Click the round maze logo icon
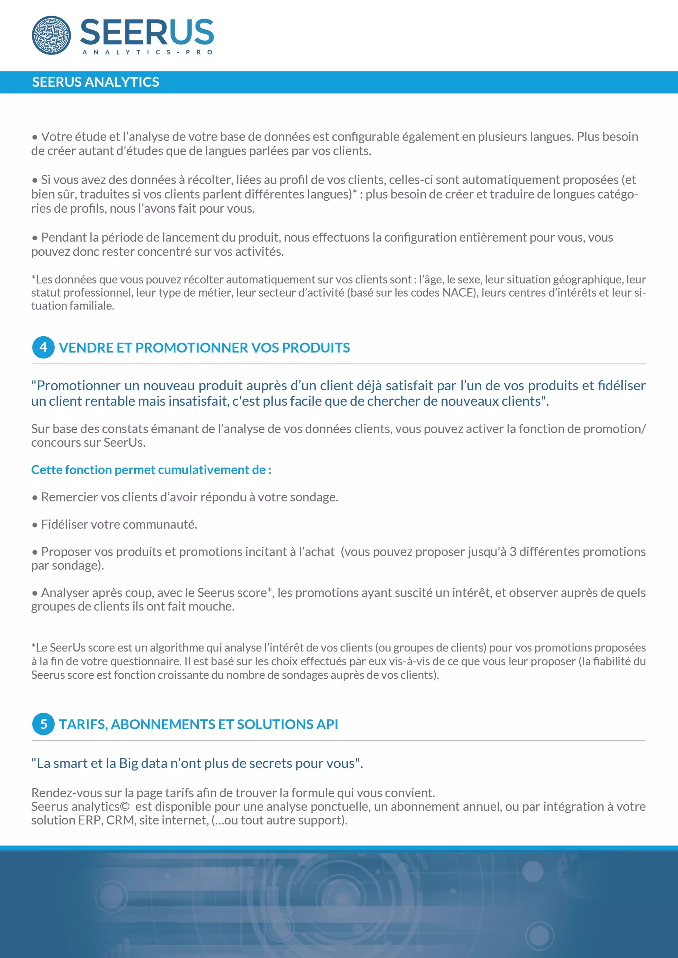pos(51,35)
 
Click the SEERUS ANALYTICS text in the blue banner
pos(96,82)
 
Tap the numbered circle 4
pos(43,347)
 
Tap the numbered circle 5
pos(43,724)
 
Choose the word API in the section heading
pos(327,724)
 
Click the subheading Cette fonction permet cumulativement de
pos(151,470)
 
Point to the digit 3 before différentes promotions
pos(512,552)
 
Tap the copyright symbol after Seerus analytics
pos(124,807)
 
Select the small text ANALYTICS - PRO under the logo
pos(147,52)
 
